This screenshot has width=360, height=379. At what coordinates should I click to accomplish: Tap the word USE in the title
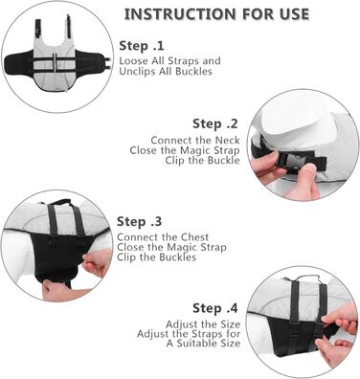pos(293,14)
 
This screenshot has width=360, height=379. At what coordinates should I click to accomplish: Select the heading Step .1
pos(142,46)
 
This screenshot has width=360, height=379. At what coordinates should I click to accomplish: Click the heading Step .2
pos(215,123)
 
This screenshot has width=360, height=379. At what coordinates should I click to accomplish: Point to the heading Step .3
pos(139,221)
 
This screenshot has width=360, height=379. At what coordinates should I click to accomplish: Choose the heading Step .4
pos(215,308)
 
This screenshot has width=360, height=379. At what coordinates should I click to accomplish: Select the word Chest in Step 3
pos(194,237)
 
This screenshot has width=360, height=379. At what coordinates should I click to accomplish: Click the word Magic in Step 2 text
pos(193,150)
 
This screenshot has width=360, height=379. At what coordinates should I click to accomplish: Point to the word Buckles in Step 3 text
pos(178,257)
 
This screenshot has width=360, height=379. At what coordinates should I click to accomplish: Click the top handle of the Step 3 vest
pos(59,202)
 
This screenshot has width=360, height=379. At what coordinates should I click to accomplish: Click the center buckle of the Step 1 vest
pos(56,62)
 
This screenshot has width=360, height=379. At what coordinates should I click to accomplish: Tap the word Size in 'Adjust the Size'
pos(231,324)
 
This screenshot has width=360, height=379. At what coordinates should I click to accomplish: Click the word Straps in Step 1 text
pos(182,61)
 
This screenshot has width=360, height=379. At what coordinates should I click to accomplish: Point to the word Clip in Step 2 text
pos(175,160)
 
